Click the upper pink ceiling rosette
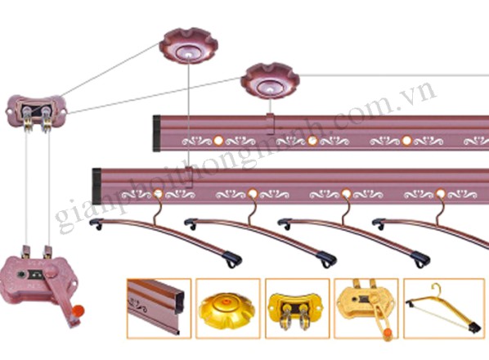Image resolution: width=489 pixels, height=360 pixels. [188, 46]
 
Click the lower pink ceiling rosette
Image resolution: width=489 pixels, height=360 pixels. [270, 81]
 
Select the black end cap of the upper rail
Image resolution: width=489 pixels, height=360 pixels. [156, 133]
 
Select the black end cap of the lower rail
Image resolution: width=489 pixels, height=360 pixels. [96, 187]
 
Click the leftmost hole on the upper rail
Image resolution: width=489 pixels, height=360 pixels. [218, 141]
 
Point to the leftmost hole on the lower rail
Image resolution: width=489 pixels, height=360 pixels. [159, 194]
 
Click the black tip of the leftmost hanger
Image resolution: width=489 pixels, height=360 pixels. [233, 259]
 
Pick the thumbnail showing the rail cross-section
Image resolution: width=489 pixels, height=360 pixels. [159, 308]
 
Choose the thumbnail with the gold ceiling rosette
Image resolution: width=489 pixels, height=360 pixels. [228, 308]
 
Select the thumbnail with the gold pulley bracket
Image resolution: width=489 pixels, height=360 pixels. [297, 308]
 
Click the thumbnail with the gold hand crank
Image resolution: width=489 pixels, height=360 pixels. [366, 308]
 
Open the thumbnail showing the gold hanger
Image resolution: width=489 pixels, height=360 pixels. [444, 308]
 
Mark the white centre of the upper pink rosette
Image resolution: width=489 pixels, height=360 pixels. [189, 55]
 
